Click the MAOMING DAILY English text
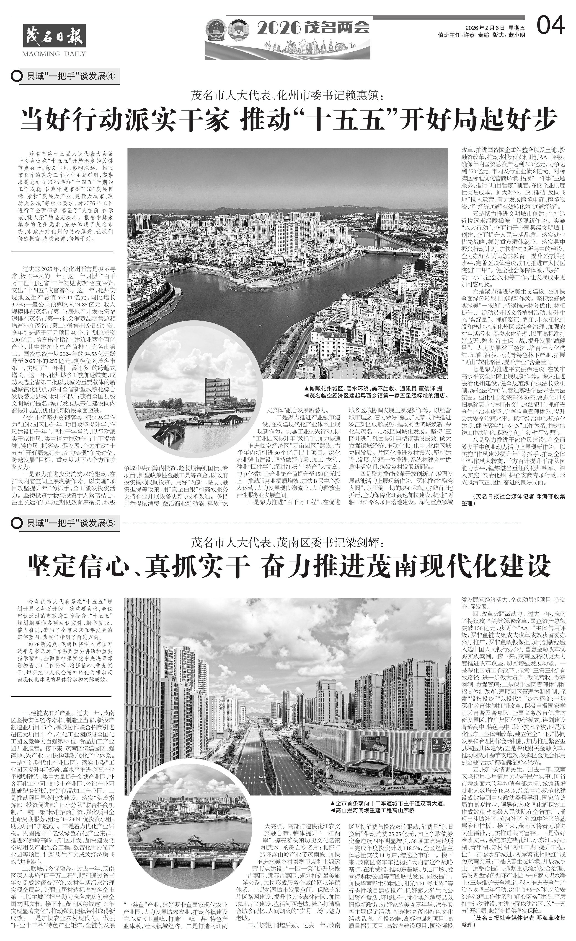pyautogui.click(x=54, y=53)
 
